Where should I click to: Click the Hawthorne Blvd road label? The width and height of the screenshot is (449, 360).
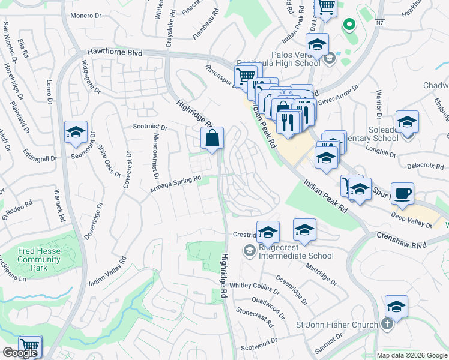tap(114, 53)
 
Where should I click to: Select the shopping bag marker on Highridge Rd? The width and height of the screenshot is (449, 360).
tap(213, 139)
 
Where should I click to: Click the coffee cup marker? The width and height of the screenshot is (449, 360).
tap(402, 194)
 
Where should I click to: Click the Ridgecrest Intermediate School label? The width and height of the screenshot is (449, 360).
tap(295, 256)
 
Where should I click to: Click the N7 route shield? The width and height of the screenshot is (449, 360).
tap(379, 23)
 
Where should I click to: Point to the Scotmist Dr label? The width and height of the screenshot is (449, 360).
tap(150, 127)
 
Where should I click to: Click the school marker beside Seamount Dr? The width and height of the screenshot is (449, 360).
tap(76, 133)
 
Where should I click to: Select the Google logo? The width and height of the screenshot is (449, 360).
tap(20, 353)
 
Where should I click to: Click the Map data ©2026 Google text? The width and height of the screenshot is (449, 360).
tap(411, 355)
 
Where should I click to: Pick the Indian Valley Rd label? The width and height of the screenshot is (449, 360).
tap(108, 271)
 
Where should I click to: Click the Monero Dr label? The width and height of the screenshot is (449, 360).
tap(87, 16)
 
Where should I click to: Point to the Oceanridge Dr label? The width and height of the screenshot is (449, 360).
tap(292, 290)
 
